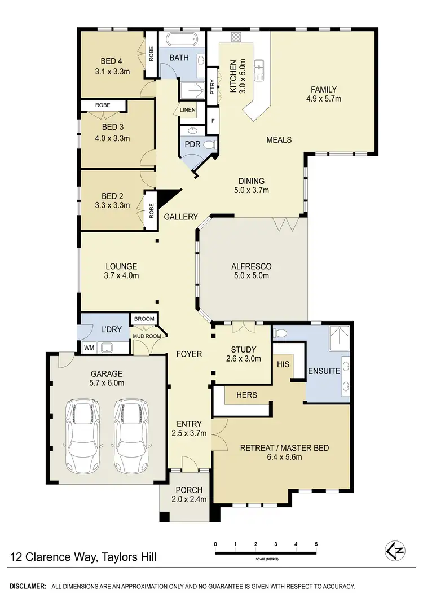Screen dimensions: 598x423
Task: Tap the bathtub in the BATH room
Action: click(178, 41)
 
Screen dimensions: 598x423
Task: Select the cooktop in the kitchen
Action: click(236, 37)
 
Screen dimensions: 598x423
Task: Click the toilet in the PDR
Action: click(209, 145)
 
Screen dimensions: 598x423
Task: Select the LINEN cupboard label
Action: click(187, 110)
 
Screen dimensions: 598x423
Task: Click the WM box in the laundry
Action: click(89, 348)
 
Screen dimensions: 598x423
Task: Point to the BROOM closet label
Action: click(144, 319)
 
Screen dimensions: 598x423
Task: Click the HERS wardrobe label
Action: click(246, 395)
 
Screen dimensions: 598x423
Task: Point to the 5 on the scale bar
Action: click(316, 544)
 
